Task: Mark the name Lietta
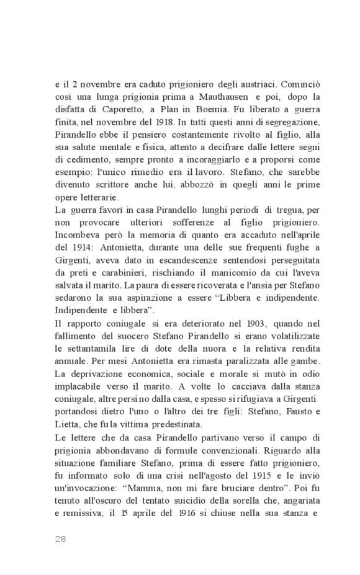click(x=66, y=424)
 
